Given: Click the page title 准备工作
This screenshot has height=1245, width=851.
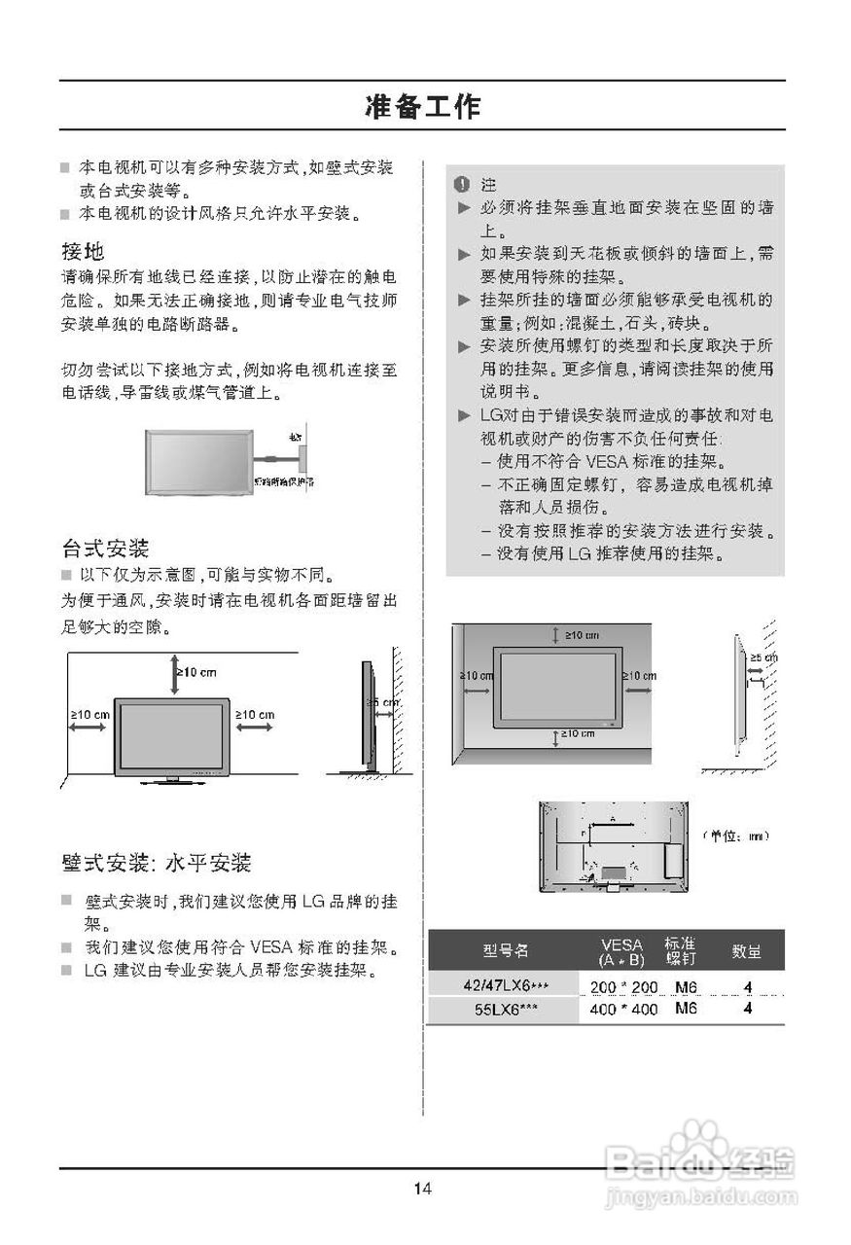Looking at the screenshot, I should [x=422, y=106].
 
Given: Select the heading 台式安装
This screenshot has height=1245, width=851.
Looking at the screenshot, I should [x=105, y=548].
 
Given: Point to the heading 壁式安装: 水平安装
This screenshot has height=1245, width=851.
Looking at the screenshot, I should [x=157, y=863].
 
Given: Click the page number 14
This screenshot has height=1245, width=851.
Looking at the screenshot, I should [x=422, y=1188].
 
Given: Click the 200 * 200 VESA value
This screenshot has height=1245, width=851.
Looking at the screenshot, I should [x=623, y=988].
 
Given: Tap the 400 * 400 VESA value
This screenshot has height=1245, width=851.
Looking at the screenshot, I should [x=623, y=1010].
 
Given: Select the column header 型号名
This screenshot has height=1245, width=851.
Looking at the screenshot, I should [x=506, y=950].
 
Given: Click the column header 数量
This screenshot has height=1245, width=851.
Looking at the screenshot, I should [x=747, y=950].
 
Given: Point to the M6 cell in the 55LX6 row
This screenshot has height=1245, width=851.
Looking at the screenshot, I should [x=687, y=1010].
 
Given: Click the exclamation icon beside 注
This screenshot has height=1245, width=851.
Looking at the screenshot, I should [x=462, y=184].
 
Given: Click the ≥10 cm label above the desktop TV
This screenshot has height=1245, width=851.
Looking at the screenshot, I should [x=196, y=672].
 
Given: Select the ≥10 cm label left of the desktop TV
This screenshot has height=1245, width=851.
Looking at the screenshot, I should [x=89, y=715].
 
